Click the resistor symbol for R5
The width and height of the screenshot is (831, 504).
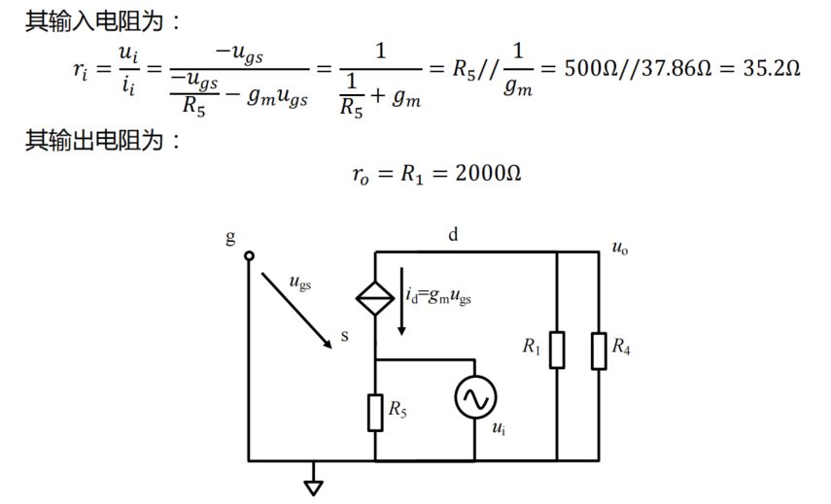(376, 411)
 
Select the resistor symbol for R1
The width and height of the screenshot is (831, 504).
(557, 351)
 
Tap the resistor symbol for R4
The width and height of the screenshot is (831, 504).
(597, 351)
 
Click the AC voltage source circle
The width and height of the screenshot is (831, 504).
(476, 397)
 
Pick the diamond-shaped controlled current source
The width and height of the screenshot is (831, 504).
(376, 297)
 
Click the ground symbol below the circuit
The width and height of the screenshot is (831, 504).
(313, 485)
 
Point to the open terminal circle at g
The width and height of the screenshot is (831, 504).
(249, 256)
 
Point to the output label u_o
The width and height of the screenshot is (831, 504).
(619, 248)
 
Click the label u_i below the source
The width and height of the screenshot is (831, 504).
(499, 428)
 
